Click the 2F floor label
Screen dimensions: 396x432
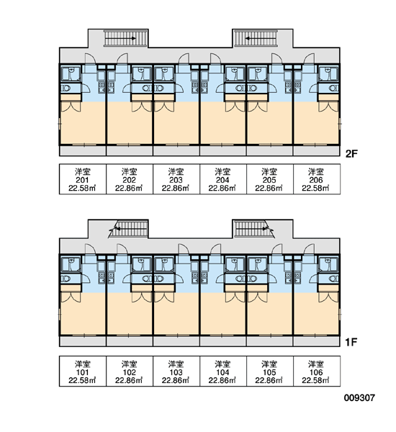pos(351,154)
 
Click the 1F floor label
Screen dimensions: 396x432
pos(351,342)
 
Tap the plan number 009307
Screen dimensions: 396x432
pos(359,397)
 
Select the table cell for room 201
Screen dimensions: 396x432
pos(83,179)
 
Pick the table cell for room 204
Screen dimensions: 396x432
pos(222,179)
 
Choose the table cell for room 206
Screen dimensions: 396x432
pos(316,179)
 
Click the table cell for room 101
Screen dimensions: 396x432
pos(83,371)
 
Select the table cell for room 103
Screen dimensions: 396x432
pos(176,371)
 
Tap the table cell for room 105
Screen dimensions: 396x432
pos(269,371)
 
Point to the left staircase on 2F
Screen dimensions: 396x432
pos(126,38)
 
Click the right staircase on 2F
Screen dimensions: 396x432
pos(256,38)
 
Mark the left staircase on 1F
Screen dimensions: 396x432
pos(129,229)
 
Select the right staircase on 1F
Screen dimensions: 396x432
pos(253,229)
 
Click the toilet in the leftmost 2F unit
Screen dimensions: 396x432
pos(66,88)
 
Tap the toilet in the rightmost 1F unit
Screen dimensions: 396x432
pos(333,279)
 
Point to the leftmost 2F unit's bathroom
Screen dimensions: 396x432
pos(71,73)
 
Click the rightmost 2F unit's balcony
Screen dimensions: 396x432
pos(316,150)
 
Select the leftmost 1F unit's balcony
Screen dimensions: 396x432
pos(83,341)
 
